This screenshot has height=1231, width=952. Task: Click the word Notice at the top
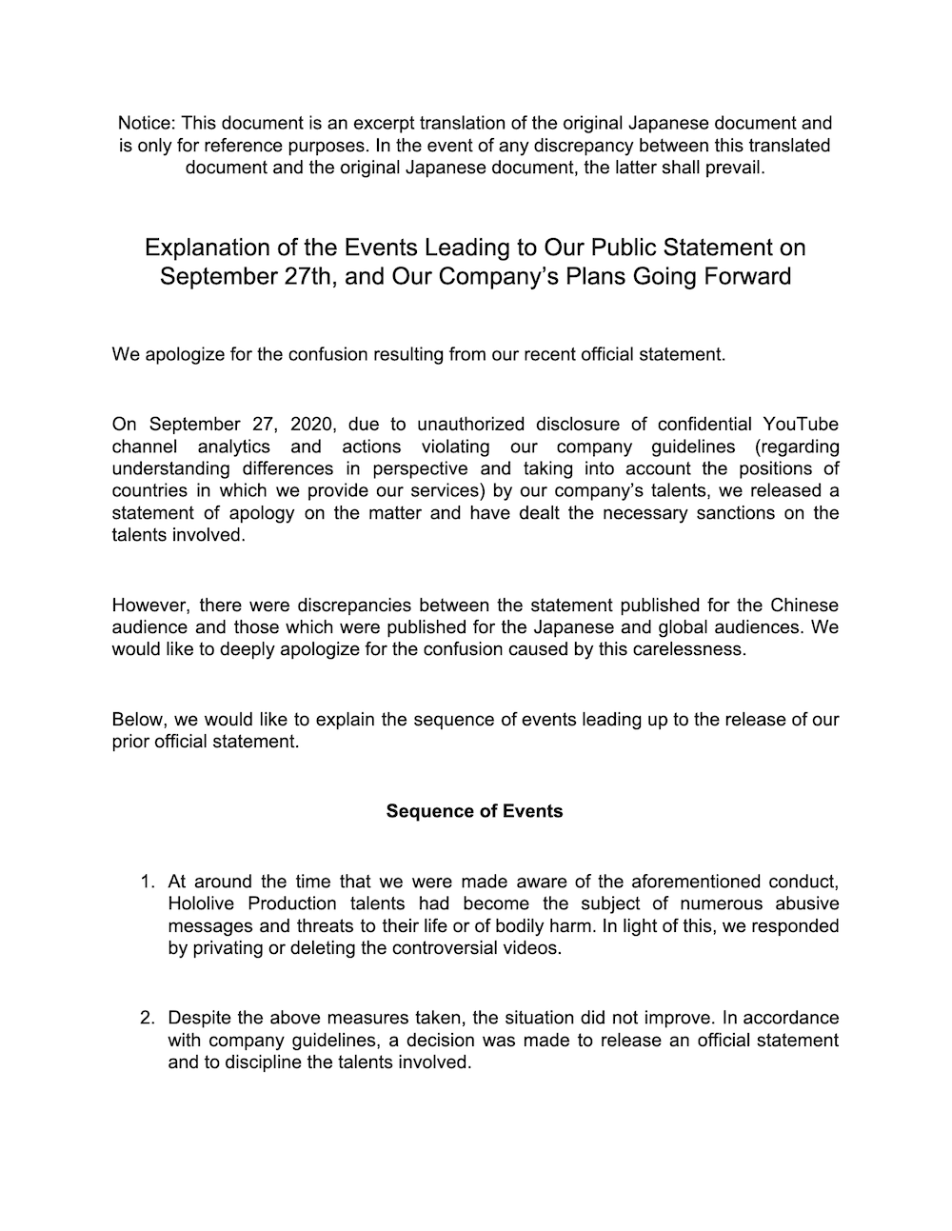click(146, 123)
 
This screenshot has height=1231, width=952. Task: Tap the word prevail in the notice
click(734, 168)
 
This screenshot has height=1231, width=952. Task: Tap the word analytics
click(233, 447)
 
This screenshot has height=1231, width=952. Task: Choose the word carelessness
click(686, 649)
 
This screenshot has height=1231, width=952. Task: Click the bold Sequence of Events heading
click(474, 811)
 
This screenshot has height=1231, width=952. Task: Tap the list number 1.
click(147, 882)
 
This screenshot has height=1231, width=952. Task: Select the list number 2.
click(147, 1018)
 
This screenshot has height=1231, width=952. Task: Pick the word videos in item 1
click(533, 948)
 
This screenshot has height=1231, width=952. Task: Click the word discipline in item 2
click(256, 1062)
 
